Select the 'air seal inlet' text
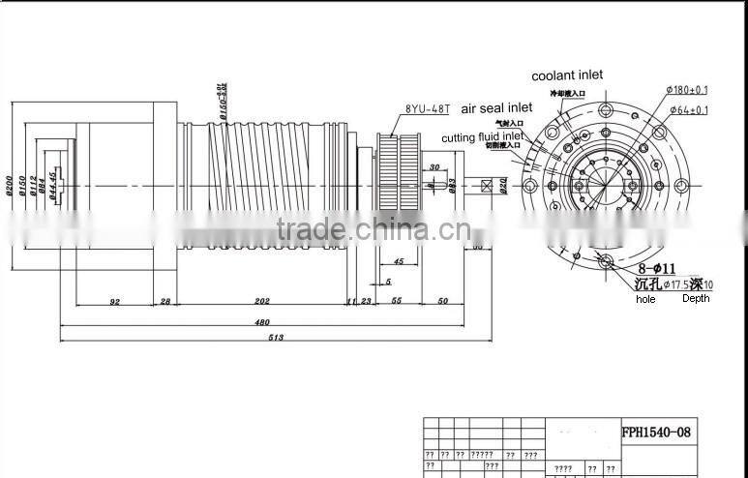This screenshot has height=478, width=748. pos(496,110)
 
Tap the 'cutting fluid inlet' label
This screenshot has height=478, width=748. pos(482,138)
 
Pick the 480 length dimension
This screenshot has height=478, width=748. pos(261,320)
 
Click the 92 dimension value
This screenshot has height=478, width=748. pos(114,302)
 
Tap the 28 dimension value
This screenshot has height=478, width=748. pos(165,302)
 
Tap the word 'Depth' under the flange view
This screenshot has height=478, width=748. pos(695,299)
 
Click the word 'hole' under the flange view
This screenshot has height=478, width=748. pos(645,300)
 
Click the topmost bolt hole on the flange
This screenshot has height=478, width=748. pos(606,108)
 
